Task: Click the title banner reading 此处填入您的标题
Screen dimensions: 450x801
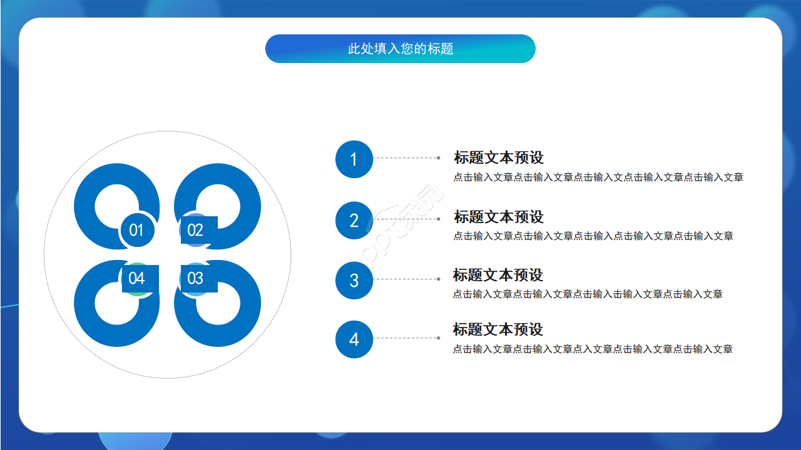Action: (x=400, y=49)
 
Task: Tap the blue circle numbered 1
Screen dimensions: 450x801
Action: (x=354, y=159)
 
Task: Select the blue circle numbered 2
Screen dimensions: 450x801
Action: (x=354, y=221)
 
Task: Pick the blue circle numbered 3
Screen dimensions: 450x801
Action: (x=354, y=281)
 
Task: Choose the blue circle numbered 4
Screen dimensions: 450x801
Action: (x=354, y=339)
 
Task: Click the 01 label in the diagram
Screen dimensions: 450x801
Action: (x=136, y=231)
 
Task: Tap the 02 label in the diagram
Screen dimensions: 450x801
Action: (x=196, y=231)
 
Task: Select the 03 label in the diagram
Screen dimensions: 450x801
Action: (x=196, y=278)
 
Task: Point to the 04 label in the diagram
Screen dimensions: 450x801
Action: (x=137, y=278)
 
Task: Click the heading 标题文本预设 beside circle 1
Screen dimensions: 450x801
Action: (x=499, y=157)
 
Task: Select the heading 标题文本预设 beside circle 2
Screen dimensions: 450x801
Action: (x=499, y=217)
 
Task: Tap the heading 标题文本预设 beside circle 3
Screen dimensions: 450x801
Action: (x=498, y=275)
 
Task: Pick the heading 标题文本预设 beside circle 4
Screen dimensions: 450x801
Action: (x=498, y=329)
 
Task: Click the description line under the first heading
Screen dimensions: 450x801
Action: (x=598, y=177)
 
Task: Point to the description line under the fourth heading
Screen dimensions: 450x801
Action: (x=593, y=349)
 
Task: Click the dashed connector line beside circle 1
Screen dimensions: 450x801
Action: (x=406, y=158)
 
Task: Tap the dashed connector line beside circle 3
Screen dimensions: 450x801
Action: (x=406, y=279)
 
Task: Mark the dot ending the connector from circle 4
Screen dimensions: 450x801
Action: (x=438, y=338)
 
